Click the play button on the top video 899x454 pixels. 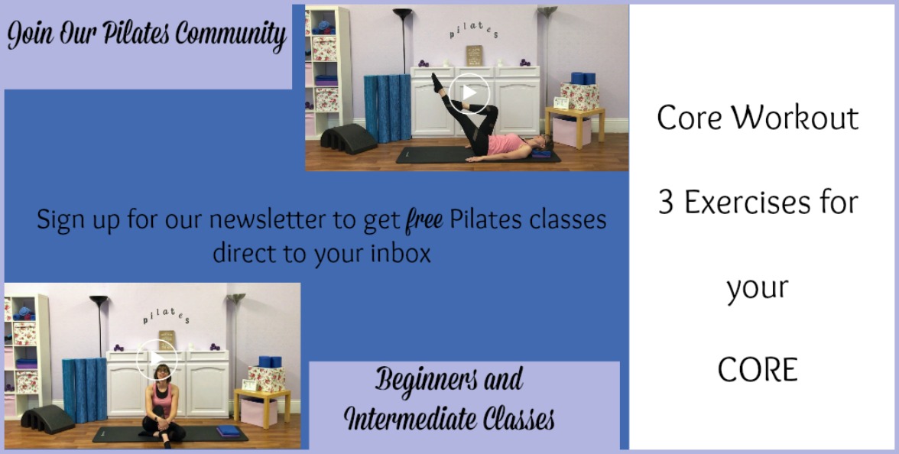click(x=469, y=93)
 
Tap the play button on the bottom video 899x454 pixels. click(x=157, y=360)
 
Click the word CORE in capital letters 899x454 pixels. click(x=758, y=370)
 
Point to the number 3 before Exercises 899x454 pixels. click(x=665, y=203)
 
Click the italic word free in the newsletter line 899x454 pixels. click(x=424, y=220)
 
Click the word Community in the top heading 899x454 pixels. click(x=231, y=35)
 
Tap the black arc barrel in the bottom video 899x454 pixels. click(x=47, y=419)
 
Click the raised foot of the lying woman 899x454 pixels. click(x=437, y=83)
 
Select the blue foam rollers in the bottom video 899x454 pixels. click(x=85, y=389)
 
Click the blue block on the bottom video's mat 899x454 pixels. click(x=228, y=430)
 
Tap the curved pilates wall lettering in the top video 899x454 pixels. click(x=474, y=31)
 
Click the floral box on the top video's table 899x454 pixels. click(x=579, y=96)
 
